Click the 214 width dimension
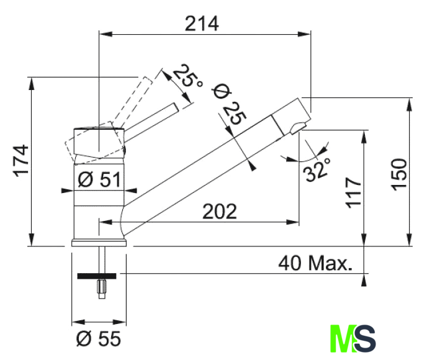pyautogui.click(x=202, y=24)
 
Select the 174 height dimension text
pyautogui.click(x=22, y=161)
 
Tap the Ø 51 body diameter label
pyautogui.click(x=99, y=179)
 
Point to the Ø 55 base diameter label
pyautogui.click(x=98, y=338)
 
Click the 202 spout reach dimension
pyautogui.click(x=220, y=211)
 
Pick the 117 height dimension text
pyautogui.click(x=354, y=193)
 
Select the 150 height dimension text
pyautogui.click(x=399, y=174)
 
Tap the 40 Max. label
pyautogui.click(x=315, y=263)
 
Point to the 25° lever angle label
pyautogui.click(x=188, y=76)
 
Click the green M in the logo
pyautogui.click(x=343, y=338)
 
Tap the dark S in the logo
pyautogui.click(x=365, y=338)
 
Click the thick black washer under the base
pyautogui.click(x=97, y=276)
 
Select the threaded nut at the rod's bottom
pyautogui.click(x=102, y=287)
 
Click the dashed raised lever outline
pyautogui.click(x=133, y=101)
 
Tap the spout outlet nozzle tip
pyautogui.click(x=298, y=128)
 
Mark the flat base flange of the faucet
pyautogui.click(x=99, y=243)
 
